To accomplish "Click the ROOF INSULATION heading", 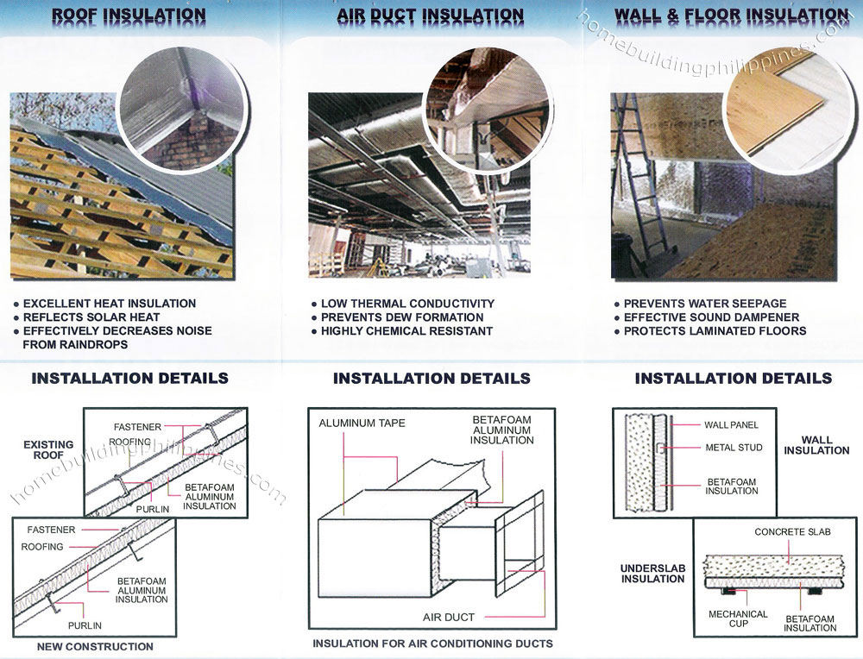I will click(129, 16).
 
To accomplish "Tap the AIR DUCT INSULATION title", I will click(430, 16).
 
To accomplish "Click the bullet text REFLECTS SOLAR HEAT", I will click(91, 317).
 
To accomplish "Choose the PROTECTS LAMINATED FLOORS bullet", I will click(715, 331).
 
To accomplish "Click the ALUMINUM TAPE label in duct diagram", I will click(362, 424).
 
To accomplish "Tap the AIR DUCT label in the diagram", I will click(449, 618).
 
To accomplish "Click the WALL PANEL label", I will click(731, 425).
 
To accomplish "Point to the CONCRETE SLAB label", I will click(792, 532).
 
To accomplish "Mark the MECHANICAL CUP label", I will click(738, 618).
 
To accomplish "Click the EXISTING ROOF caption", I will click(48, 451).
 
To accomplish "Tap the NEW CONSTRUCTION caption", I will click(95, 646).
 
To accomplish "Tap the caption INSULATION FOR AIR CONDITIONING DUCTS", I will click(432, 643).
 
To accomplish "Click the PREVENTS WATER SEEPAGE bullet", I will click(704, 304).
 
